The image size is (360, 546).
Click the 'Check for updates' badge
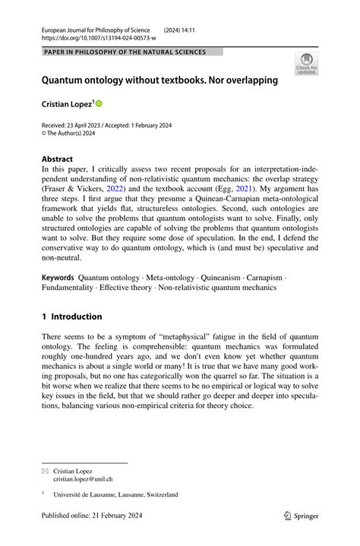pos(308,64)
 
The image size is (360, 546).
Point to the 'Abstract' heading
pos(58,159)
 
